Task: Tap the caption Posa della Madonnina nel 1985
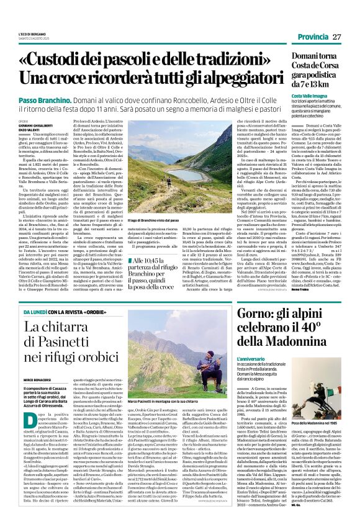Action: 316,422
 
